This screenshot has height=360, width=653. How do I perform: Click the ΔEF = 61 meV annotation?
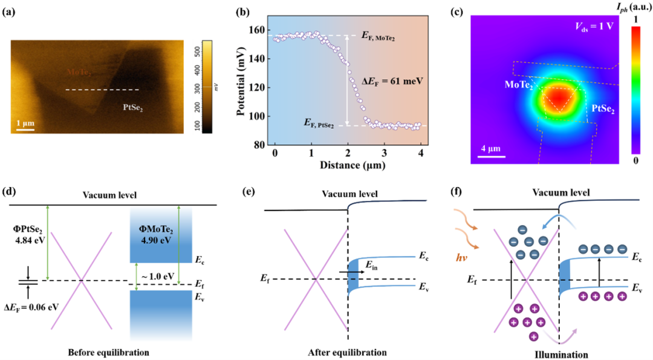point(382,80)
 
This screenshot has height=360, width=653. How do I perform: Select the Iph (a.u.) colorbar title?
point(629,8)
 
